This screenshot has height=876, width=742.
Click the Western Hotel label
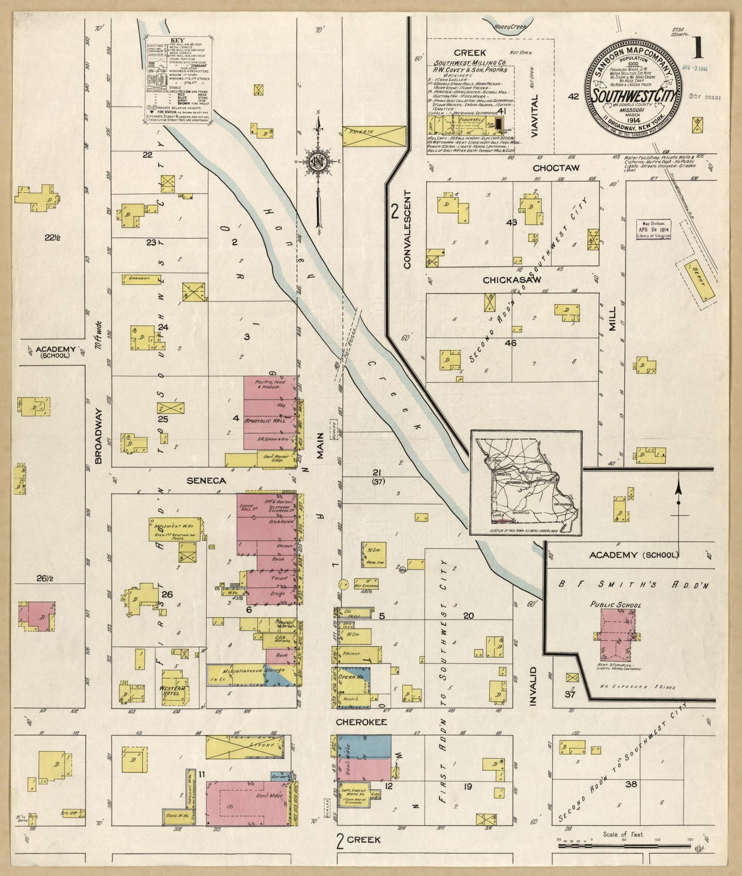(173, 688)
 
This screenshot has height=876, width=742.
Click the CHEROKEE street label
(361, 722)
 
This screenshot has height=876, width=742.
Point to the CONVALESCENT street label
(407, 229)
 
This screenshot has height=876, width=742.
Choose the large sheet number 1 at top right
(698, 49)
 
